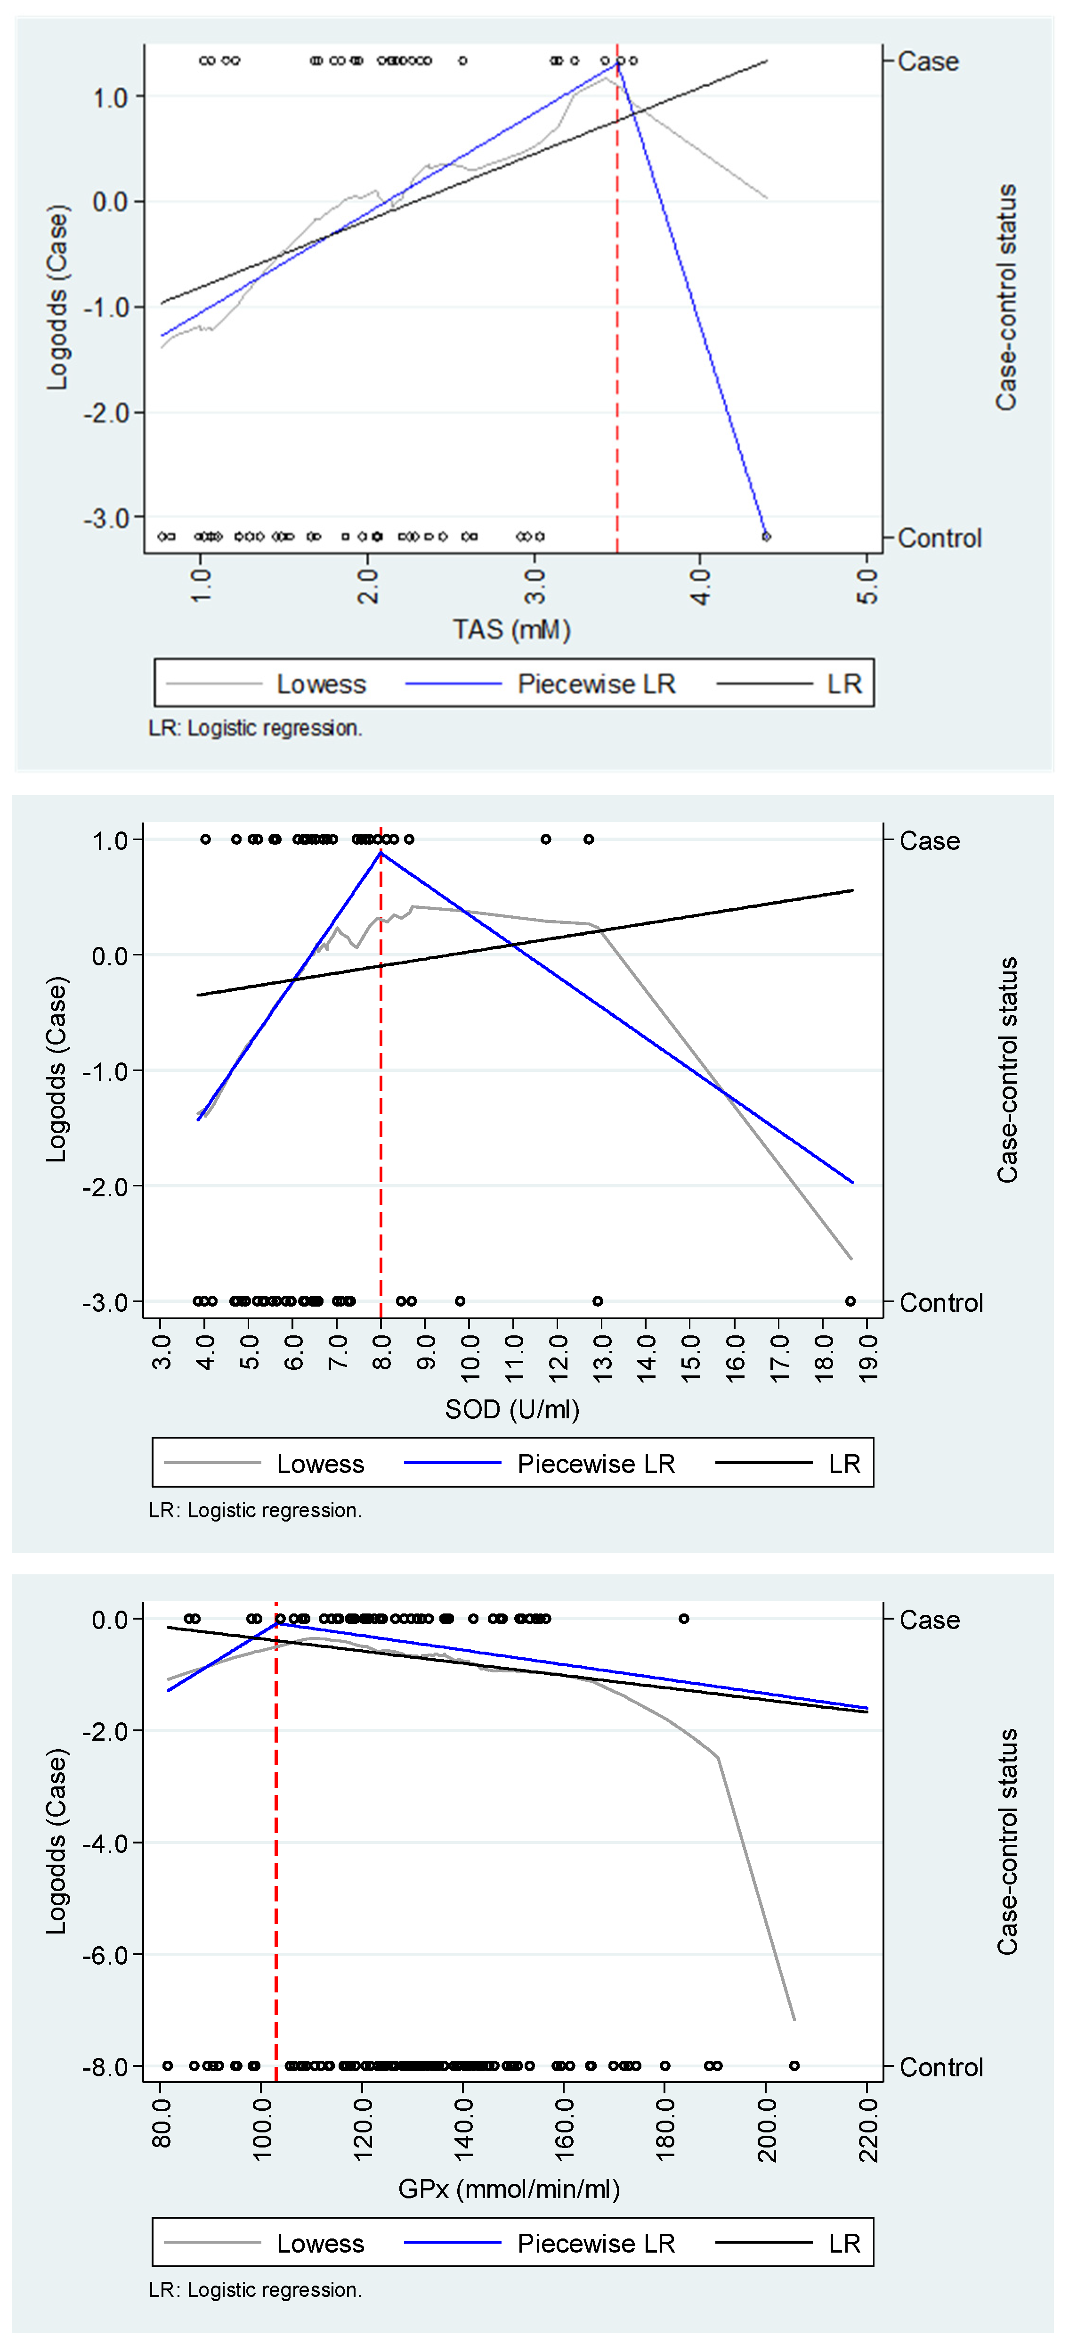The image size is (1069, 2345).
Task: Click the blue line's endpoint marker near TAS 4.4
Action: coord(766,536)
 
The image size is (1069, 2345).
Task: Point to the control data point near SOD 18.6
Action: coord(850,1301)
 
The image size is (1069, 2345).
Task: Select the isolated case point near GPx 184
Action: coord(683,1619)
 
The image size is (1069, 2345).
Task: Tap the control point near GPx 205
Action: coord(794,2065)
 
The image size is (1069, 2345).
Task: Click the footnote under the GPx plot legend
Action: coord(255,2289)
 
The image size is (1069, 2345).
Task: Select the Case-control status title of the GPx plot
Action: coord(1006,1841)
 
